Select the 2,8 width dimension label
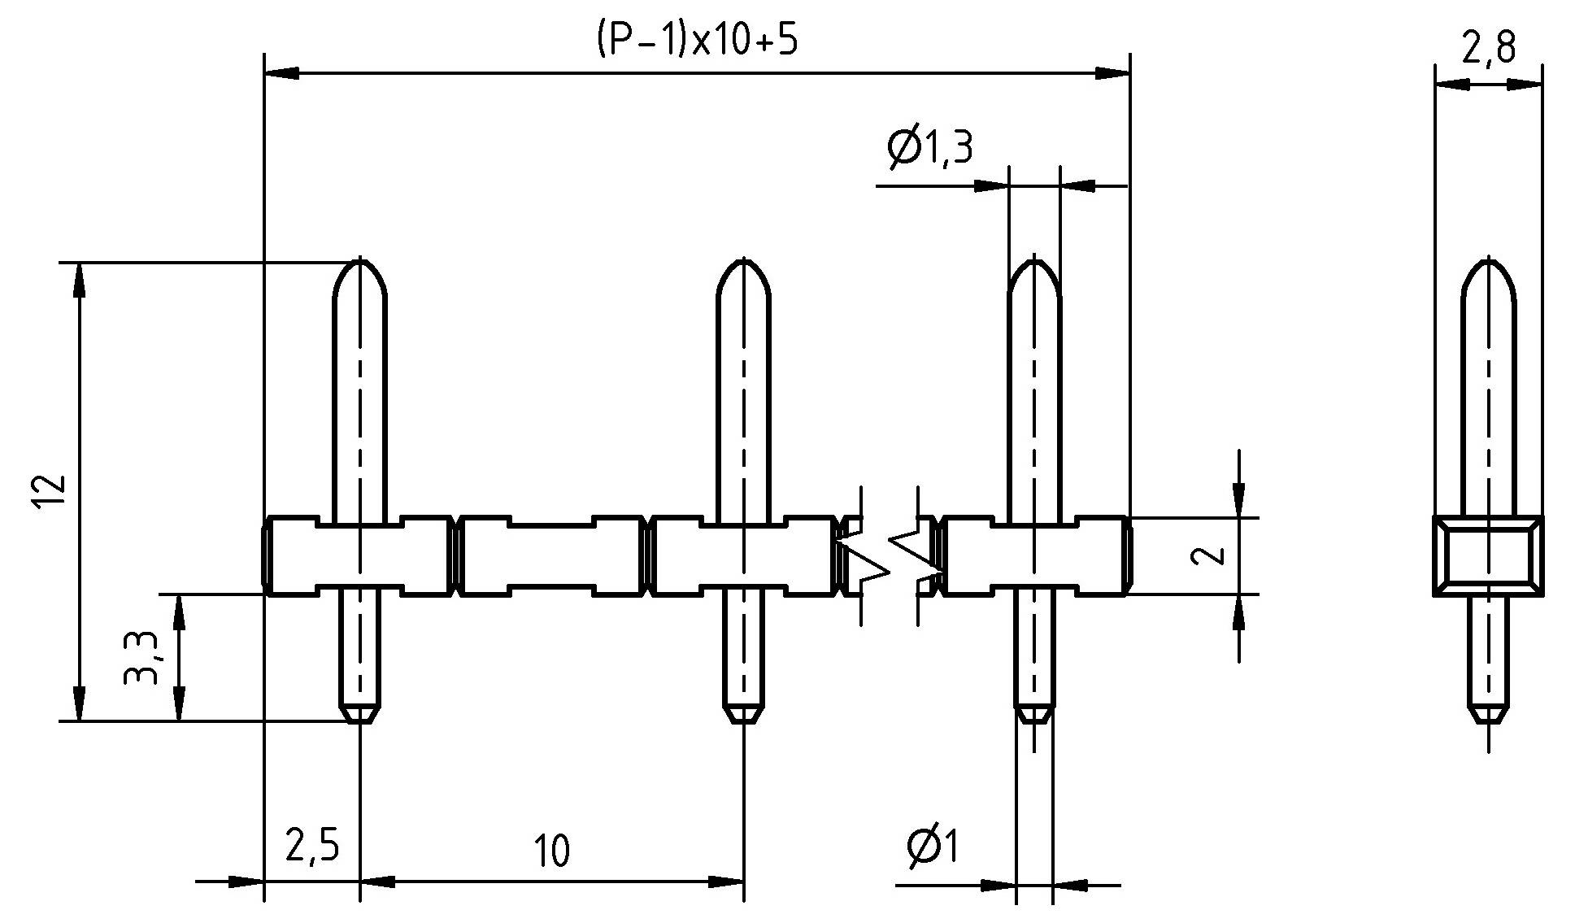(x=1488, y=49)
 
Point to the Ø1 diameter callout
(x=933, y=847)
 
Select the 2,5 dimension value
(x=311, y=847)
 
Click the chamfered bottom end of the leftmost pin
(x=360, y=713)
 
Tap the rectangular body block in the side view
(x=1487, y=555)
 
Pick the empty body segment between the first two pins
(x=550, y=555)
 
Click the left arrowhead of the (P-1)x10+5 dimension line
(x=281, y=74)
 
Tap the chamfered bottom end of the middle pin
(x=743, y=713)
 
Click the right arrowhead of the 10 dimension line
(x=727, y=882)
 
